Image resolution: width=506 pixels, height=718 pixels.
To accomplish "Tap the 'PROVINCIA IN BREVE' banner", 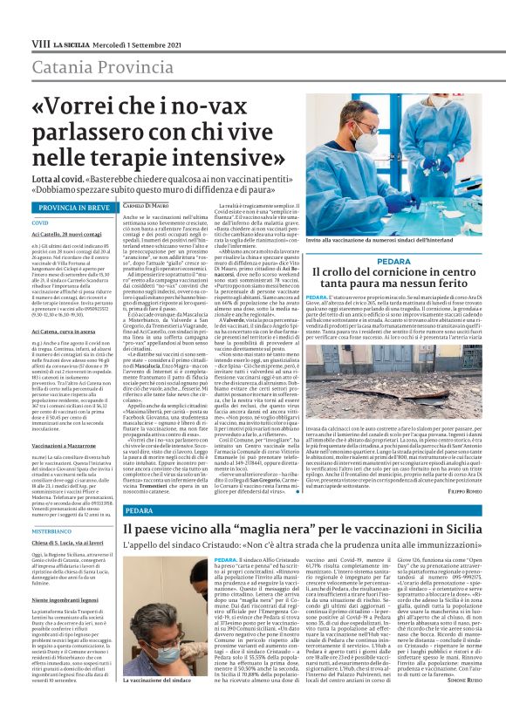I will coord(74,209).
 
